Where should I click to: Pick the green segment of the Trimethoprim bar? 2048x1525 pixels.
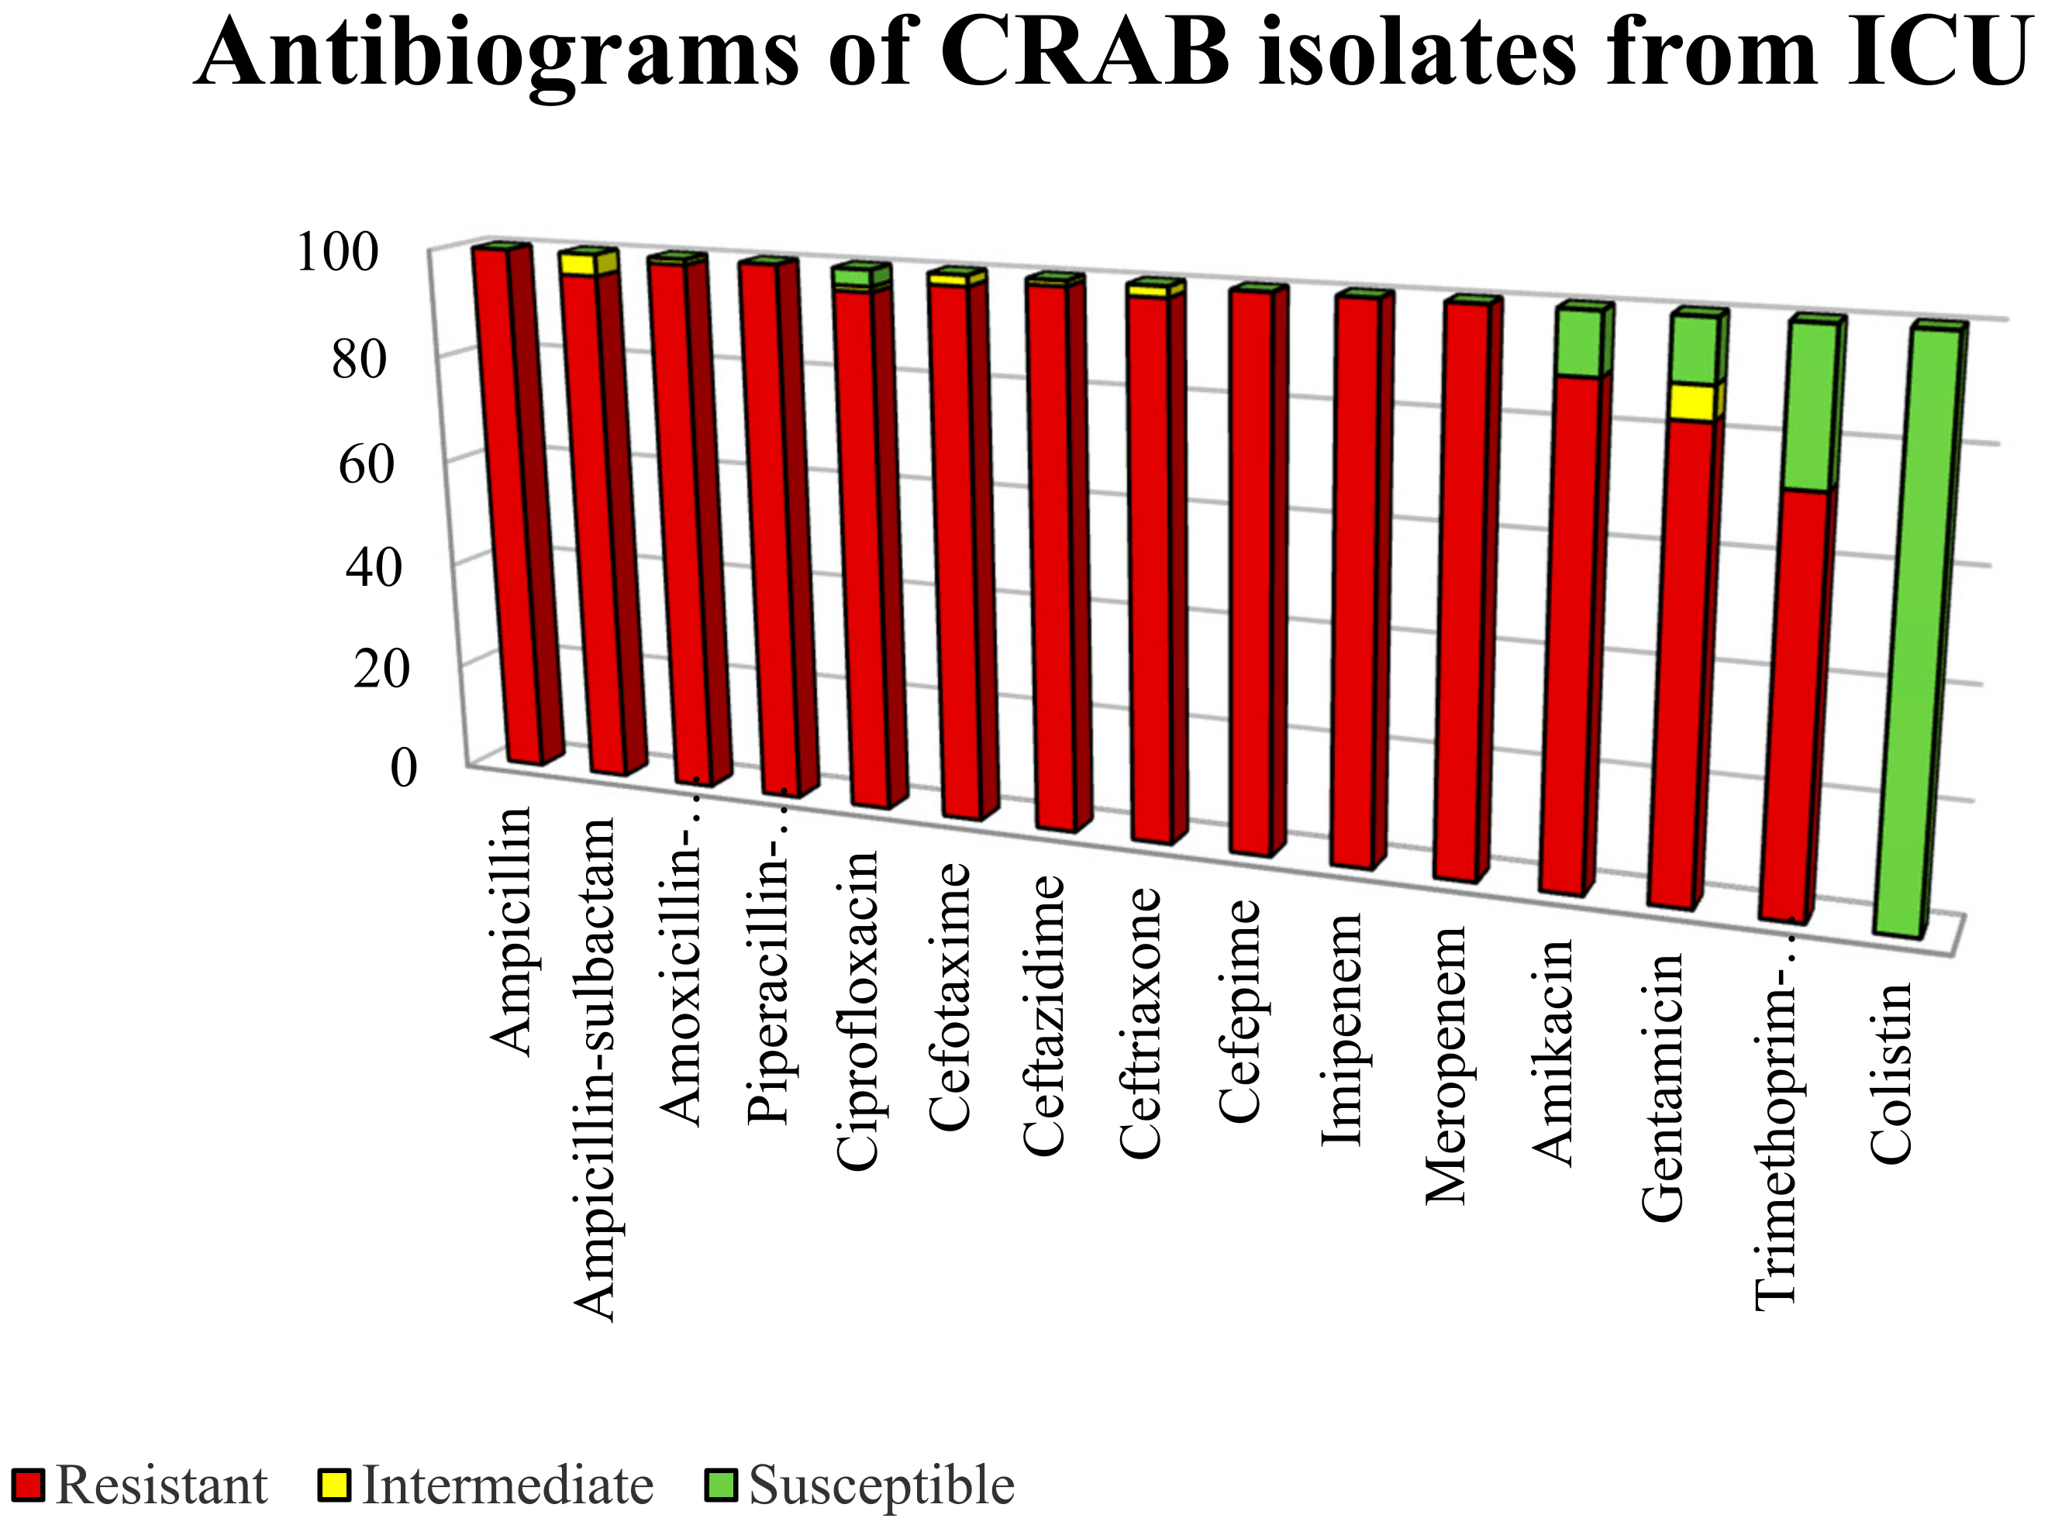[1807, 406]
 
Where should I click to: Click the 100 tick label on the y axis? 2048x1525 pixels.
[337, 252]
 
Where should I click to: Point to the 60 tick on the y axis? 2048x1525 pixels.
[367, 464]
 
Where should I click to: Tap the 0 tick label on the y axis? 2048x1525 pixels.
[404, 768]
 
